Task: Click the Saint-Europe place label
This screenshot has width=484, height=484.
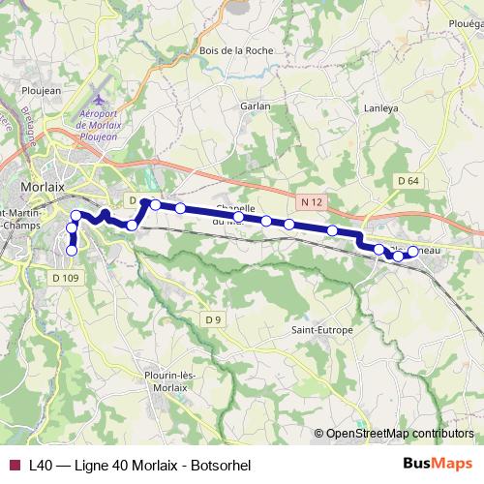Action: (322, 330)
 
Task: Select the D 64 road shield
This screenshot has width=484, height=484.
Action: (408, 181)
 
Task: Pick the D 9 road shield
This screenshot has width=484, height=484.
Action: (214, 319)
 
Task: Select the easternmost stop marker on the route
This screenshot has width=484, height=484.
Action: (412, 252)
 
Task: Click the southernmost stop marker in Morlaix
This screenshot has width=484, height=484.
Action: (71, 251)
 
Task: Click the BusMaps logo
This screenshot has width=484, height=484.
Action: (438, 465)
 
